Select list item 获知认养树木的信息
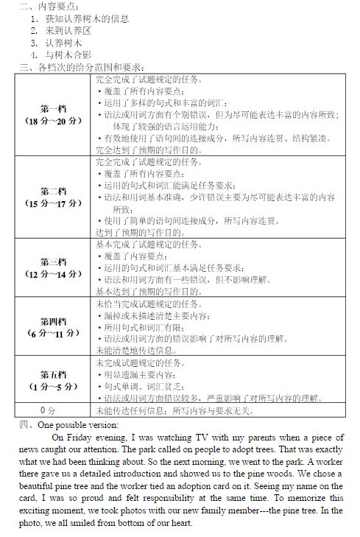tap(86, 18)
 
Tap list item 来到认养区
tap(68, 30)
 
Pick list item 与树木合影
tap(68, 55)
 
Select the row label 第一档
tap(53, 108)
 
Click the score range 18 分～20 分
tap(53, 120)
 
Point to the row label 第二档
tap(53, 192)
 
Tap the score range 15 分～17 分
tap(53, 203)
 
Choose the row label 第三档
tap(53, 262)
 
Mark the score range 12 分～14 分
tap(53, 274)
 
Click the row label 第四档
tap(53, 321)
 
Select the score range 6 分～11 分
tap(53, 333)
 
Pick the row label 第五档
tap(53, 374)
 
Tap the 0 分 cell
tap(48, 410)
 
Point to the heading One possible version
tap(77, 424)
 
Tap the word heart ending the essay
tap(180, 523)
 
